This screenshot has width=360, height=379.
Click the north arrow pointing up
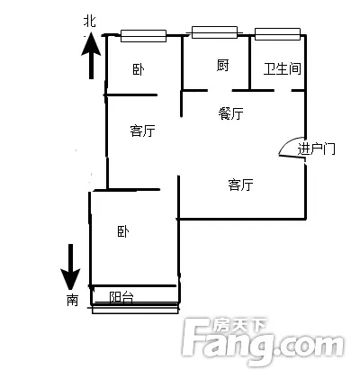click(91, 56)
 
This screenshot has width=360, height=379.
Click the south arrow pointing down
click(70, 267)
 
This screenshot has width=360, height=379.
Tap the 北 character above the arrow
click(90, 22)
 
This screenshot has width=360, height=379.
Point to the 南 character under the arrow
click(72, 300)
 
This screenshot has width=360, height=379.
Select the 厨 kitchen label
click(222, 65)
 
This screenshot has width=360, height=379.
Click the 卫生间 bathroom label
click(282, 68)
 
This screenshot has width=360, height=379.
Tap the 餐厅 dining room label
click(230, 113)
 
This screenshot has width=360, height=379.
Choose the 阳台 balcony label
click(121, 297)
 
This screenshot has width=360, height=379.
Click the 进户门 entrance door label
click(316, 149)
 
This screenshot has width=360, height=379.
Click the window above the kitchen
click(214, 32)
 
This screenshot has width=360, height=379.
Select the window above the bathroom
click(277, 34)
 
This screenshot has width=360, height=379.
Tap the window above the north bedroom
click(143, 36)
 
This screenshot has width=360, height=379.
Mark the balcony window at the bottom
click(135, 309)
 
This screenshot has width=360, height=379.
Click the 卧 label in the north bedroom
click(139, 69)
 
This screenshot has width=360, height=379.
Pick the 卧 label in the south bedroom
click(123, 231)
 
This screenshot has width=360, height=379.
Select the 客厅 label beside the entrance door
click(240, 185)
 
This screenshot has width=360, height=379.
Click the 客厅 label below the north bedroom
click(142, 131)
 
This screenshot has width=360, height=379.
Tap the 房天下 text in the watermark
click(240, 325)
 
